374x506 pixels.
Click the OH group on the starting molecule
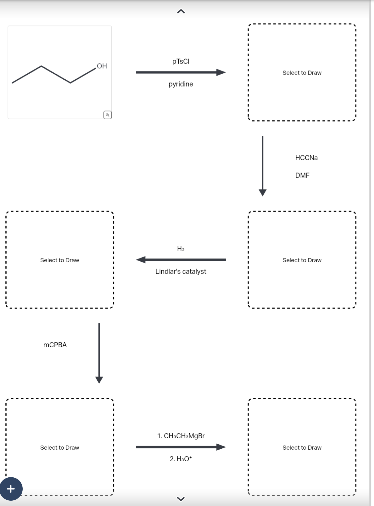click(102, 66)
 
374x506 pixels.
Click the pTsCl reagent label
click(181, 61)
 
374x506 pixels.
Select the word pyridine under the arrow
click(181, 84)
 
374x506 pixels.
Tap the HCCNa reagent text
click(306, 158)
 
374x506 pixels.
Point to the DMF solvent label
click(302, 175)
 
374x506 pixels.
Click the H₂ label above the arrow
click(181, 249)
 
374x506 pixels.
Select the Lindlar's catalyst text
click(181, 271)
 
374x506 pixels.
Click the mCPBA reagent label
click(55, 345)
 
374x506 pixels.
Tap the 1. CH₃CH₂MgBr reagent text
click(181, 436)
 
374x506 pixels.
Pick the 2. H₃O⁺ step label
click(181, 459)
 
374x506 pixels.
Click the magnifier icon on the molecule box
click(108, 115)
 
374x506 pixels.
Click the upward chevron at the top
click(181, 12)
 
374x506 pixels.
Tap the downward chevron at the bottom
click(181, 499)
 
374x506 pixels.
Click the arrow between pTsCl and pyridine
click(181, 72)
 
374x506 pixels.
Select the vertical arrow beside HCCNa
click(263, 165)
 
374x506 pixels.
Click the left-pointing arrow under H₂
click(181, 260)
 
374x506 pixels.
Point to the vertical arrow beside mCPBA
click(99, 353)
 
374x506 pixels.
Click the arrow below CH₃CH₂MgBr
click(181, 447)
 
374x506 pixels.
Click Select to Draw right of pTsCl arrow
click(302, 73)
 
